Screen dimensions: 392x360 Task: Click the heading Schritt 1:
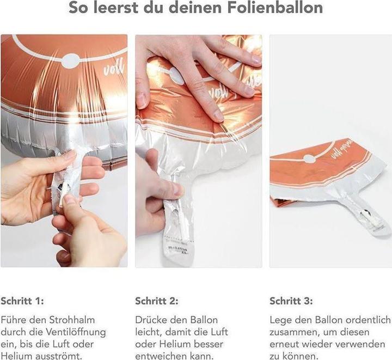22,301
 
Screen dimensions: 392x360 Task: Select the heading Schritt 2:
157,301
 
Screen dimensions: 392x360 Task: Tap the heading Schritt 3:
291,301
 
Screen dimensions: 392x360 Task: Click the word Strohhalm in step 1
72,320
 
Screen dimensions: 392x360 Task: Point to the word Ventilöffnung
76,332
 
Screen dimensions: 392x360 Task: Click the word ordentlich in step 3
367,320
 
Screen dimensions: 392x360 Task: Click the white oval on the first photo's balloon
71,61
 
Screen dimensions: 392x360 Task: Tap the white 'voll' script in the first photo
114,69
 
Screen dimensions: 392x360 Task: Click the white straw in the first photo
64,192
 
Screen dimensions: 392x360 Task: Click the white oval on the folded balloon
309,158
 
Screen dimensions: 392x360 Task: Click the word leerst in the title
115,8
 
